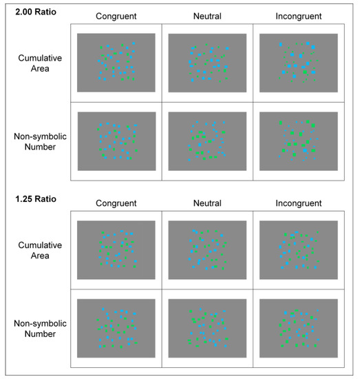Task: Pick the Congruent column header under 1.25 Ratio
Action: (x=116, y=203)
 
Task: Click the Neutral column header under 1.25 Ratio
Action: (x=207, y=203)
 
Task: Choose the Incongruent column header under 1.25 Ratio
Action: (x=298, y=203)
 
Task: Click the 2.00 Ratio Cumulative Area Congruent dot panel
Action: (x=116, y=63)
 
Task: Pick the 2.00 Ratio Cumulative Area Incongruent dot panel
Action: (x=298, y=63)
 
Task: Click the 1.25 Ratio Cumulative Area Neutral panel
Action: (x=207, y=250)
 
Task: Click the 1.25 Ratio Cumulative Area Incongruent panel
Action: (x=298, y=250)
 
